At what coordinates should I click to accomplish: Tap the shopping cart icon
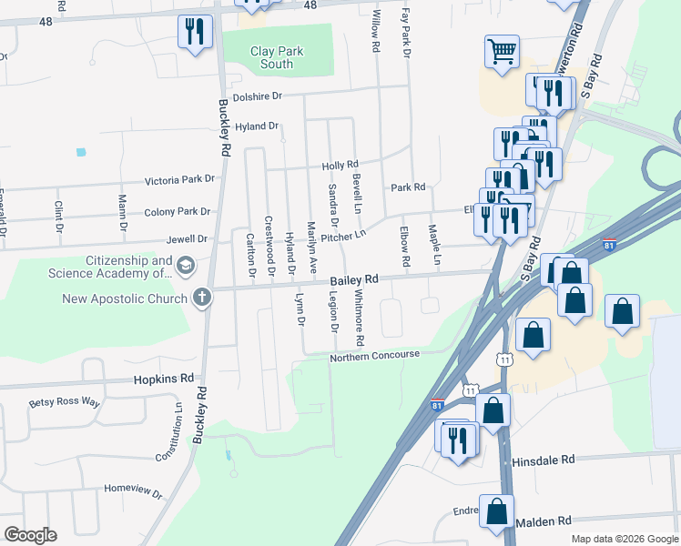click(x=502, y=51)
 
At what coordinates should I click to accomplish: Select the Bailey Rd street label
click(x=353, y=280)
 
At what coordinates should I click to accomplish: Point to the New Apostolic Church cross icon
click(x=201, y=298)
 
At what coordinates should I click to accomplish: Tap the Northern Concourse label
click(x=375, y=355)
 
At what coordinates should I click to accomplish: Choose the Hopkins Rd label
click(x=164, y=378)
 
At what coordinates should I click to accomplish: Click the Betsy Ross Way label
click(x=64, y=401)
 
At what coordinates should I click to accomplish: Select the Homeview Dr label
click(x=133, y=490)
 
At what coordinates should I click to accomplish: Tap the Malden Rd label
click(x=543, y=521)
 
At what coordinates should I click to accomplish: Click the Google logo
click(x=30, y=535)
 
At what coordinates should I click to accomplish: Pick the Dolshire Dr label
click(x=259, y=96)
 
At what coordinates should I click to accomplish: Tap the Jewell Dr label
click(x=187, y=239)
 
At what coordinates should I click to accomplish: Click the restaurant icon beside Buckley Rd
click(x=195, y=33)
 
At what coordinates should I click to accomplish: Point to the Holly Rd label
click(x=340, y=166)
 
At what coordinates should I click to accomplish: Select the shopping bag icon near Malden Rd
click(x=497, y=512)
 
